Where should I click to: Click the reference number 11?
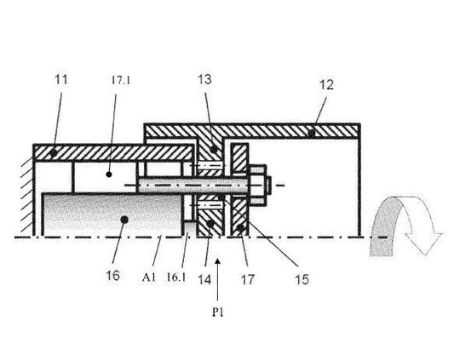(x=61, y=79)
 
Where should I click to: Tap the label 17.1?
(x=121, y=80)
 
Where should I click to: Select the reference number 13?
(x=204, y=79)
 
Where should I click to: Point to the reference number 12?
(x=326, y=85)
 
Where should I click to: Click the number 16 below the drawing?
(x=113, y=275)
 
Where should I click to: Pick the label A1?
(x=149, y=277)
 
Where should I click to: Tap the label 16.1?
(x=176, y=277)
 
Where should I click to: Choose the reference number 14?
(x=204, y=280)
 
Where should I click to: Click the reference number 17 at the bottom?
(x=247, y=280)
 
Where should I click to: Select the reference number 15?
(x=302, y=279)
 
